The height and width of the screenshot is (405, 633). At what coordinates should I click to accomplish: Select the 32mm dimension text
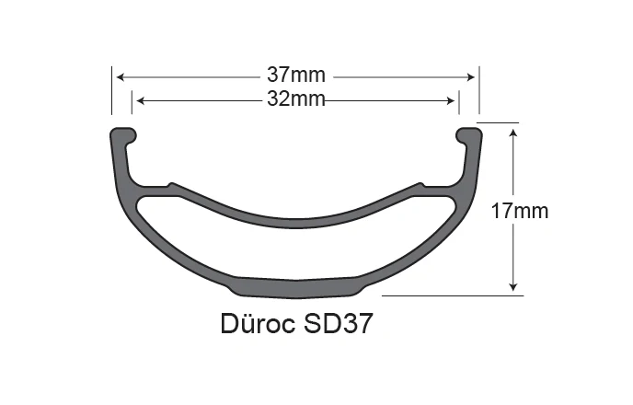pos(294,99)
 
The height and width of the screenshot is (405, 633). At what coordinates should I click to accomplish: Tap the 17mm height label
pos(520,211)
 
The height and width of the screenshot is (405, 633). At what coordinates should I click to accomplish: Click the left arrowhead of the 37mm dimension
pos(118,77)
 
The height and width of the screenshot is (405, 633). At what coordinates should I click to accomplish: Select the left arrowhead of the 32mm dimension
pos(138,99)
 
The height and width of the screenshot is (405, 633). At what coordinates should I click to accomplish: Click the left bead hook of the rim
pos(123,134)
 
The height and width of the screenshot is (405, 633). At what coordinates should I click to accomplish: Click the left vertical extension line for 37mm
pos(112,92)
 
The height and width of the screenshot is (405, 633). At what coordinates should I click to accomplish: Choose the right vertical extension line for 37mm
pos(478,92)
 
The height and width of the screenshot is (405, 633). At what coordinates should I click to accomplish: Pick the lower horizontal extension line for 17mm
pos(451,295)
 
